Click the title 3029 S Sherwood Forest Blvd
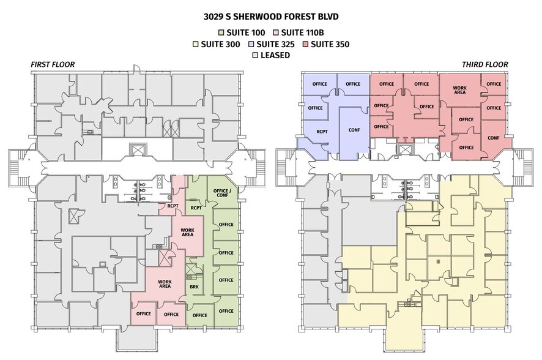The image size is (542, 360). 271,17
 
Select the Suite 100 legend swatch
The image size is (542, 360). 221,33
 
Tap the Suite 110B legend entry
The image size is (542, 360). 299,33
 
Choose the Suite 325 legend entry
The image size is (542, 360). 272,44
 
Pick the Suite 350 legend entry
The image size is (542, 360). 325,44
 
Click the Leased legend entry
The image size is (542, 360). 272,55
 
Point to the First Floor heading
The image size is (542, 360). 53,65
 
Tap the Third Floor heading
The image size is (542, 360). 485,65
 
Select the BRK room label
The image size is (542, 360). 195,287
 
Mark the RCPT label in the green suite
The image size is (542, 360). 196,208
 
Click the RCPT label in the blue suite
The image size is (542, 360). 322,132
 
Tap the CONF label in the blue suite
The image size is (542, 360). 354,130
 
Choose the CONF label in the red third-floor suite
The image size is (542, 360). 493,138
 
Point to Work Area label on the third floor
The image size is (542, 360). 460,90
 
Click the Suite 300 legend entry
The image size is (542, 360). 217,44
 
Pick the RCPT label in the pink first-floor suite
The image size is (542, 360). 173,206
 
